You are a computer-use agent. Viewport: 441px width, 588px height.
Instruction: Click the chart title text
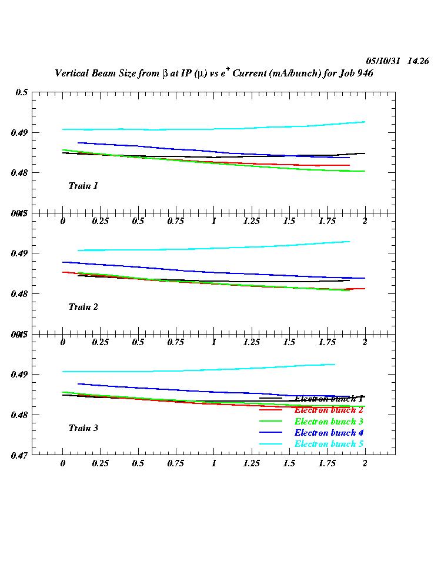[x=214, y=73]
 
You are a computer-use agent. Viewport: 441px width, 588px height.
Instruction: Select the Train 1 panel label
[x=83, y=186]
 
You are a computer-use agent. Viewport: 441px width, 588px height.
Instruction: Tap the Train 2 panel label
[x=83, y=307]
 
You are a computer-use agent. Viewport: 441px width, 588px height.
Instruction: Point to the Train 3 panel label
[x=83, y=428]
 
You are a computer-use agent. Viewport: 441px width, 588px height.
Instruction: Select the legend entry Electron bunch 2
[x=329, y=410]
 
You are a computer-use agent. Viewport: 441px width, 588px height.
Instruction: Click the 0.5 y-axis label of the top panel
[x=22, y=92]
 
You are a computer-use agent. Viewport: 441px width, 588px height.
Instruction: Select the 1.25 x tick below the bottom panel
[x=251, y=463]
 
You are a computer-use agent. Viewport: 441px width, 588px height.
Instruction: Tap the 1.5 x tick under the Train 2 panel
[x=289, y=342]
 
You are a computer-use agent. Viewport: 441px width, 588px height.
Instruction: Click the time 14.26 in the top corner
[x=418, y=61]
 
